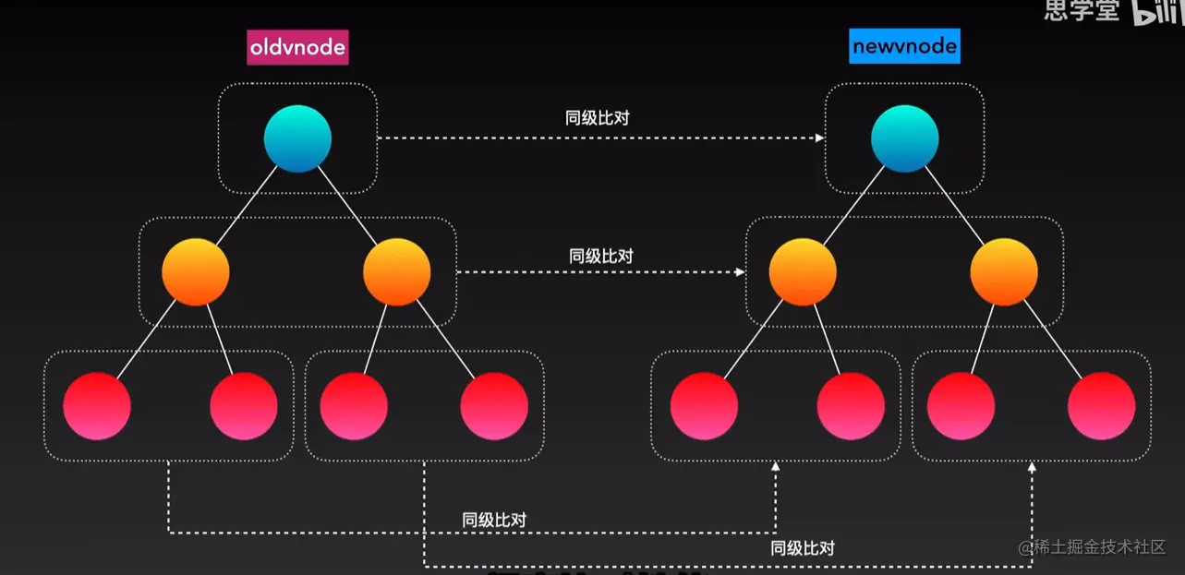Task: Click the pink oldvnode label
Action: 297,47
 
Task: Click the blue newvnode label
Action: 904,46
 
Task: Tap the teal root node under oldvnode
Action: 297,138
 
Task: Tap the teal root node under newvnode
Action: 904,138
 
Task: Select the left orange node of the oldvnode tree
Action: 195,271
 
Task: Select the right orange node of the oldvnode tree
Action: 396,271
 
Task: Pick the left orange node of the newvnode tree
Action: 803,271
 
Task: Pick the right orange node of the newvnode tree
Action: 1004,271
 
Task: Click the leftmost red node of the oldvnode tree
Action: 97,405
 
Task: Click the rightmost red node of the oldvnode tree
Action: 494,405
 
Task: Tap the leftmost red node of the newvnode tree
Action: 704,405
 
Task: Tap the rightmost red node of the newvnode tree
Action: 1101,405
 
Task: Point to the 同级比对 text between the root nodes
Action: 598,118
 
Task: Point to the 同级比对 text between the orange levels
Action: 601,256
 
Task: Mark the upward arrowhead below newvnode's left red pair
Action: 775,468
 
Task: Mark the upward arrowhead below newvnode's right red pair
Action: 1032,468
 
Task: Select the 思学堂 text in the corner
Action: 1082,11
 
